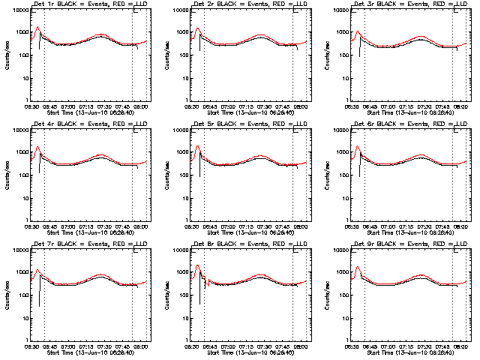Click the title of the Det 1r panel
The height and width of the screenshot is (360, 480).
tap(91, 6)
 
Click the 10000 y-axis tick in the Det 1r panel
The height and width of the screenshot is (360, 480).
tap(22, 11)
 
